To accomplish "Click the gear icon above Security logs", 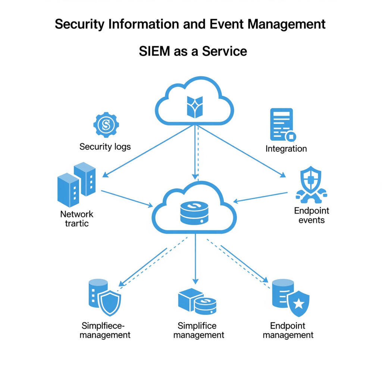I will click(106, 125).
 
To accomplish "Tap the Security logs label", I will click(105, 147).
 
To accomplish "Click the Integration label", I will click(286, 149).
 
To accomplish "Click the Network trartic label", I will click(76, 219).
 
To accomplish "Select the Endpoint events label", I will click(311, 215).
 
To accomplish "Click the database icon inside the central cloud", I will click(194, 213).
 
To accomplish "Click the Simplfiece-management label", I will click(105, 330).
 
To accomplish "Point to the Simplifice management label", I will click(198, 330).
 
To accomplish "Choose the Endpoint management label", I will click(288, 330).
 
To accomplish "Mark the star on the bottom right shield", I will click(299, 304).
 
